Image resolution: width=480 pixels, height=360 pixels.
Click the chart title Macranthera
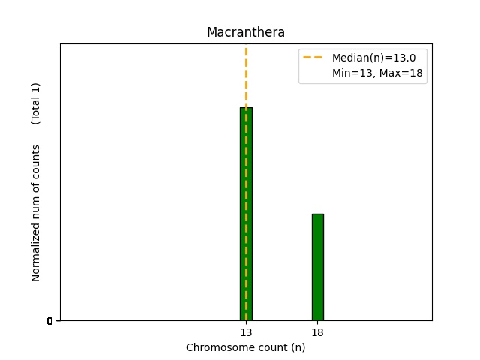246,33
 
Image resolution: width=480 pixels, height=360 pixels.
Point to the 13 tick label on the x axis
246,332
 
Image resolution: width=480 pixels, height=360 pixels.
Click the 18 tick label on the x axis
318,332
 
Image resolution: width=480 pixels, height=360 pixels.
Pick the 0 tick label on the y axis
49,321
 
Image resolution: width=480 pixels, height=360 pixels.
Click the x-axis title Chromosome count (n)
246,347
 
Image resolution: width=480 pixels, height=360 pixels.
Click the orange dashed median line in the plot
246,75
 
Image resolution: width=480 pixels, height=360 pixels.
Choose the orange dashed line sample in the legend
313,58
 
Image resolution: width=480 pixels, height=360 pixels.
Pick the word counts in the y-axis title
36,160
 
